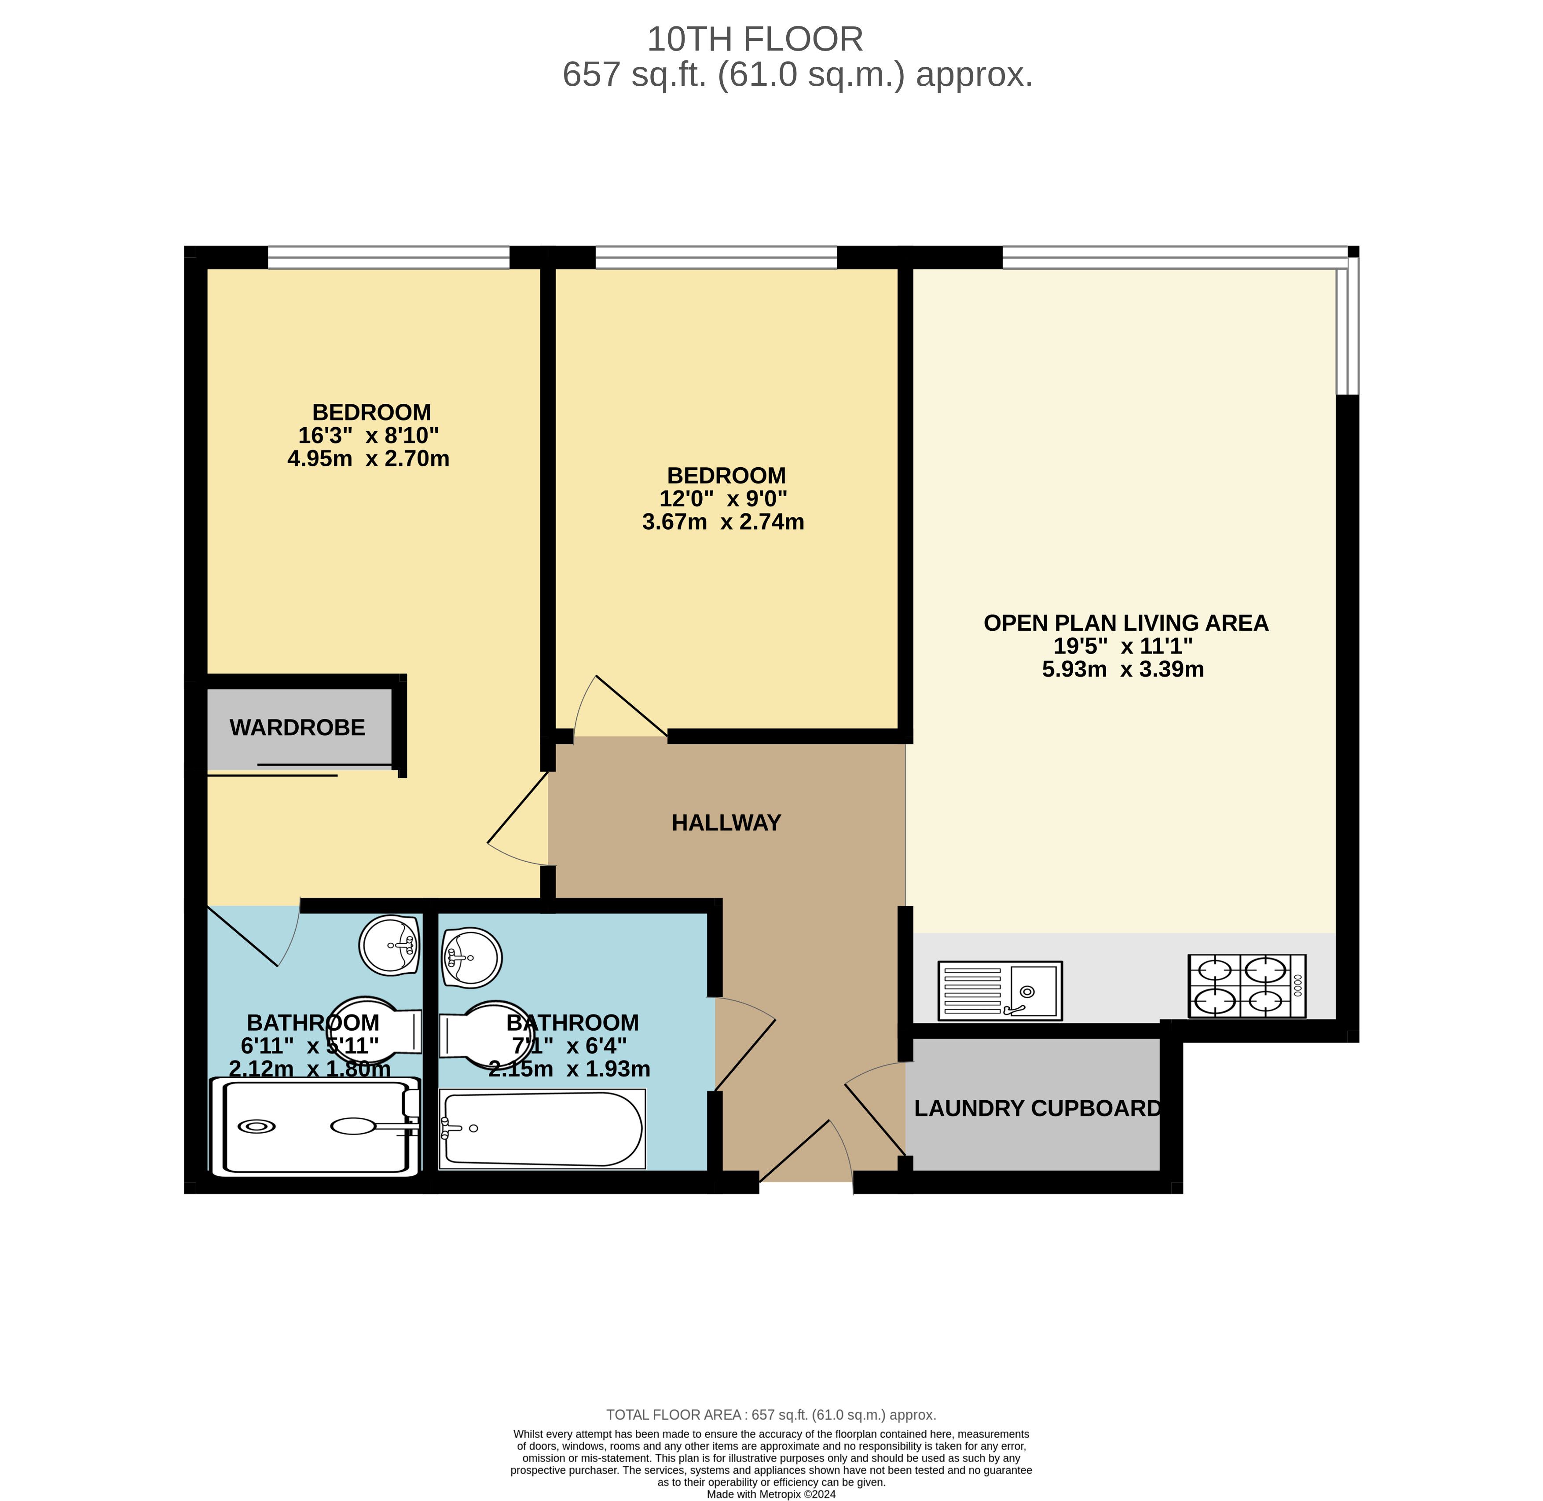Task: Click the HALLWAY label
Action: pyautogui.click(x=726, y=823)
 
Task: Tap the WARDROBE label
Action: pyautogui.click(x=297, y=728)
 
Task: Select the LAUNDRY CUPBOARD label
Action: pyautogui.click(x=1037, y=1109)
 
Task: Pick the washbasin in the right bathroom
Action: pyautogui.click(x=472, y=958)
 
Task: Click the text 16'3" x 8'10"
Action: pyautogui.click(x=368, y=435)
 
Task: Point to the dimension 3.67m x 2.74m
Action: pyautogui.click(x=723, y=522)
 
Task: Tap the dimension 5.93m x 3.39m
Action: pyautogui.click(x=1123, y=669)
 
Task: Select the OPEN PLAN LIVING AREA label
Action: pyautogui.click(x=1126, y=623)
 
